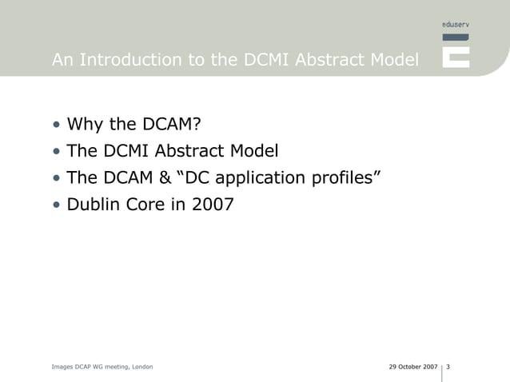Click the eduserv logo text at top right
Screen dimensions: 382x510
[x=456, y=25]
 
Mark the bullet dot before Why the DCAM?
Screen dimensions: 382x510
[x=57, y=125]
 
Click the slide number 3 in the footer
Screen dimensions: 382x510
[x=448, y=367]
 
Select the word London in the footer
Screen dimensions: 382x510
[x=140, y=367]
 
